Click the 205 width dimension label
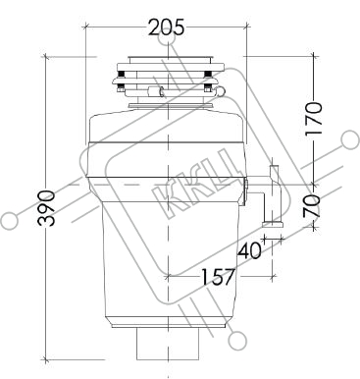tap(167, 27)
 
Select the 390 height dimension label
tap(46, 208)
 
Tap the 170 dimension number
tap(313, 119)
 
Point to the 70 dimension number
tap(312, 206)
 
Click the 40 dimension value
tap(249, 251)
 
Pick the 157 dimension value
tap(218, 277)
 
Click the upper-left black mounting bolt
tap(121, 74)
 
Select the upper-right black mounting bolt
tap(207, 74)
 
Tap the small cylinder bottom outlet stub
tap(168, 344)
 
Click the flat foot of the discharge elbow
tap(273, 224)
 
